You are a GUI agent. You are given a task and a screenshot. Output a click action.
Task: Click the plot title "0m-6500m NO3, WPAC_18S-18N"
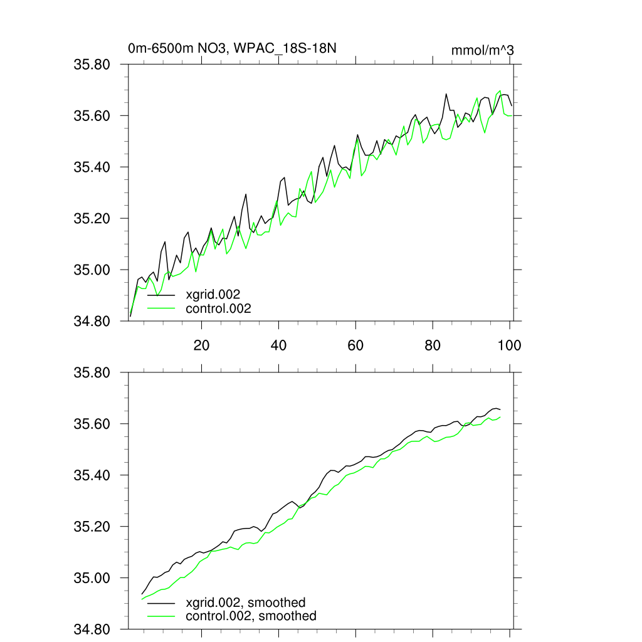tap(234, 48)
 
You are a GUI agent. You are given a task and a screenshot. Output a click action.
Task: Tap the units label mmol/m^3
tap(482, 50)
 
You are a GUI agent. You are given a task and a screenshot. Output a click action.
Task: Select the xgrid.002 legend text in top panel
tap(213, 293)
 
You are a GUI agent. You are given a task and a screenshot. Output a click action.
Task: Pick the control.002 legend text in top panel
tap(218, 308)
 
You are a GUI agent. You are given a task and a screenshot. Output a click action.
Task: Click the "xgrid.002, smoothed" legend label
tap(246, 603)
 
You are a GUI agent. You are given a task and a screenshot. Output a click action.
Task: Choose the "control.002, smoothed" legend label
tap(251, 616)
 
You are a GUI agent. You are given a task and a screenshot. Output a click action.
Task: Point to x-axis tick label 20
tap(201, 344)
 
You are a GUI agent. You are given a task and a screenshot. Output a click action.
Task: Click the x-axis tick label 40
tap(278, 344)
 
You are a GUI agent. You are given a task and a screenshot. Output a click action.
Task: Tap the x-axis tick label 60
tap(355, 344)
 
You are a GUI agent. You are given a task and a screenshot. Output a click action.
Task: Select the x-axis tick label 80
tap(433, 344)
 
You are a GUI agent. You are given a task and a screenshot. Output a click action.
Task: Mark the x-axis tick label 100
tap(509, 344)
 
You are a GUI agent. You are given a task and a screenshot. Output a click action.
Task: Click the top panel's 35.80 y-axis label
tap(92, 65)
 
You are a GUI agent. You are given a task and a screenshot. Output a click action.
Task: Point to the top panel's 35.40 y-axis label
tap(92, 167)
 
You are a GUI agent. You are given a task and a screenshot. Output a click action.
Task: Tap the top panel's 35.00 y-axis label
tap(92, 270)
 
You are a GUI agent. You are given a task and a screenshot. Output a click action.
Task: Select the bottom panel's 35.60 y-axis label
tap(92, 424)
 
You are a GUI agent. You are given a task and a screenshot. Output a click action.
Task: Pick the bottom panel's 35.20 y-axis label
tap(92, 527)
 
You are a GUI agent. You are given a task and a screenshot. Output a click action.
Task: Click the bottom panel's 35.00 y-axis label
tap(92, 579)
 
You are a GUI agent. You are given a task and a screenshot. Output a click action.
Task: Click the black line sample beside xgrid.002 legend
tap(161, 294)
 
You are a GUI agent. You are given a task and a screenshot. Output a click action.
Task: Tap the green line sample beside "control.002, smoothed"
tap(161, 616)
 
